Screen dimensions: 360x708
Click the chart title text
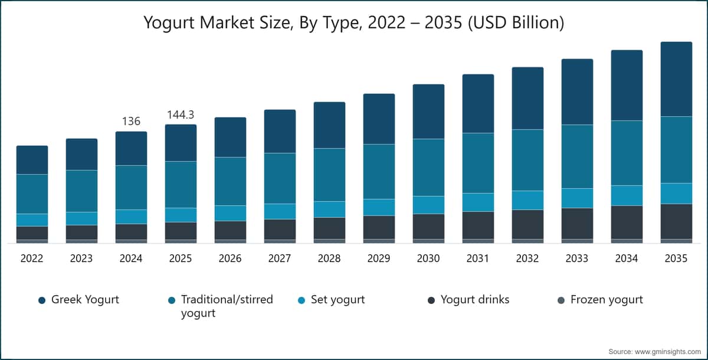tap(354, 23)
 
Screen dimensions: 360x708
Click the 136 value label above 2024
tap(131, 121)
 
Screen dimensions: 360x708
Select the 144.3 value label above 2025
tap(181, 114)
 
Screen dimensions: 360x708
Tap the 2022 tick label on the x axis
tap(32, 259)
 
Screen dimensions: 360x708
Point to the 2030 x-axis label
tap(428, 259)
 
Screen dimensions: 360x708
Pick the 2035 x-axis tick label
tap(676, 259)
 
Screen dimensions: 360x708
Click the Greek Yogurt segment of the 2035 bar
tap(676, 79)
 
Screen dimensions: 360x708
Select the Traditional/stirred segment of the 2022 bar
tap(32, 194)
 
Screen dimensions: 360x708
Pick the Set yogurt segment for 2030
tap(428, 205)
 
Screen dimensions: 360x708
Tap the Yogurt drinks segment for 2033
tap(577, 223)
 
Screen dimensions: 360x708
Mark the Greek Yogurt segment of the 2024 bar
tap(131, 148)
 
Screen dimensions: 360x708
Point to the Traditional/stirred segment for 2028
tap(329, 175)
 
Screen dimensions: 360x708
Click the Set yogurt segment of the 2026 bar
tap(230, 213)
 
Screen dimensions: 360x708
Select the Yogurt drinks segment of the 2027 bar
tap(280, 229)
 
